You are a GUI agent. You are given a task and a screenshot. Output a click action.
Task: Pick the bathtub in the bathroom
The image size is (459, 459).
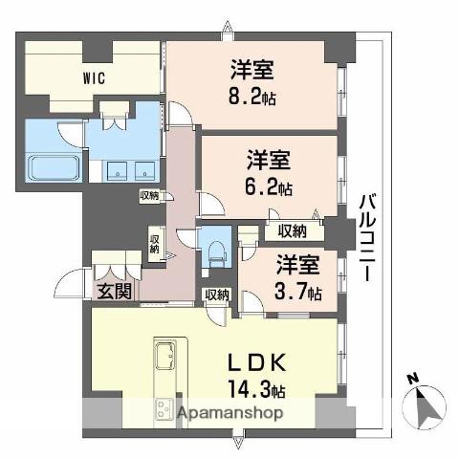click(54, 169)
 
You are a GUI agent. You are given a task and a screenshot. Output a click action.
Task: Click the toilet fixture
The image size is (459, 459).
click(215, 251)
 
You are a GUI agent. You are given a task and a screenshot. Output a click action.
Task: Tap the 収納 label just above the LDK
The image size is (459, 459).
click(215, 295)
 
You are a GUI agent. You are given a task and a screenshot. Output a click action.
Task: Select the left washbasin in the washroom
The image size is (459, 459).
click(116, 171)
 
